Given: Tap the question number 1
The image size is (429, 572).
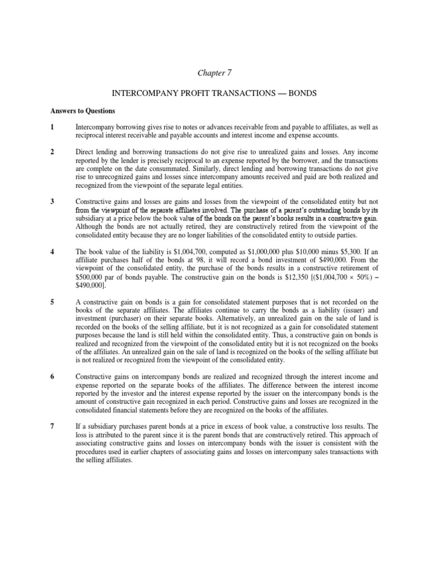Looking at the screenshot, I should [x=52, y=127].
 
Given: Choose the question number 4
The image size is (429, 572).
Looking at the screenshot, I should [x=52, y=252].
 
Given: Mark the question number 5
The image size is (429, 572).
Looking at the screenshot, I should [x=52, y=302].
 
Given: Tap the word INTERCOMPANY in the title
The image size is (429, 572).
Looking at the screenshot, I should [x=146, y=93].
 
